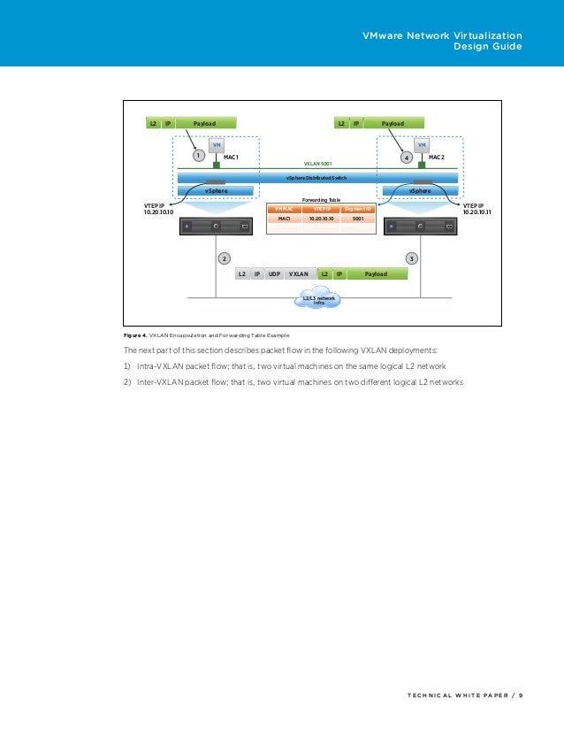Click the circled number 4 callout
[407, 157]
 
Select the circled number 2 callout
[225, 258]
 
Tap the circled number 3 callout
[411, 258]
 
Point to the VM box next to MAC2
[423, 145]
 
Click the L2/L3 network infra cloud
[320, 300]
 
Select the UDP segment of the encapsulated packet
[274, 274]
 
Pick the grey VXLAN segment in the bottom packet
[299, 274]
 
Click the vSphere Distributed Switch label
[316, 178]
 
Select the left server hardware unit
[216, 227]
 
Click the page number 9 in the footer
[521, 695]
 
